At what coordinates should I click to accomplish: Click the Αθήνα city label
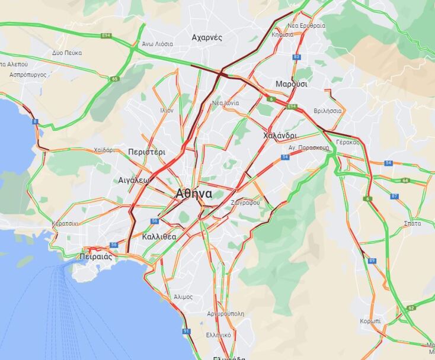click(x=194, y=194)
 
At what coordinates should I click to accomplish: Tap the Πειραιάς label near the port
click(x=95, y=257)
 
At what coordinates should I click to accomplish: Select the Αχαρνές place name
click(x=207, y=37)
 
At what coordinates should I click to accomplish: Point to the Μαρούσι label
click(x=292, y=84)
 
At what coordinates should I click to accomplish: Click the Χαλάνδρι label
click(x=280, y=135)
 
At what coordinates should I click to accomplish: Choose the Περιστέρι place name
click(x=146, y=152)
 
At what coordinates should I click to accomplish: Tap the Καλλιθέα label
click(x=159, y=236)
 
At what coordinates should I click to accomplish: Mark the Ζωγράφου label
click(x=247, y=202)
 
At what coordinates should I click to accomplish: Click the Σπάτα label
click(x=412, y=223)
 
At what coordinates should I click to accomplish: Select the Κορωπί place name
click(x=370, y=321)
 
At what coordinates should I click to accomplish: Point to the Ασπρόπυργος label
click(x=28, y=75)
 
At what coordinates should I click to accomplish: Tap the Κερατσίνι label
click(x=65, y=223)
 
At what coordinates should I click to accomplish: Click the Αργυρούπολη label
click(x=225, y=314)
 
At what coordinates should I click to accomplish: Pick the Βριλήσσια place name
click(x=328, y=111)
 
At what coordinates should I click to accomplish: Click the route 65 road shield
click(x=114, y=78)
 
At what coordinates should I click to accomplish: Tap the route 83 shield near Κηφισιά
click(x=296, y=57)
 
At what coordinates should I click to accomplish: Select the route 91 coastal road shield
click(x=187, y=331)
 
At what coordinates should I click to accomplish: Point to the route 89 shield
click(x=372, y=261)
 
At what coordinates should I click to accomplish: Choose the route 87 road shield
click(x=395, y=196)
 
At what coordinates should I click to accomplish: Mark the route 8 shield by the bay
click(x=35, y=122)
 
